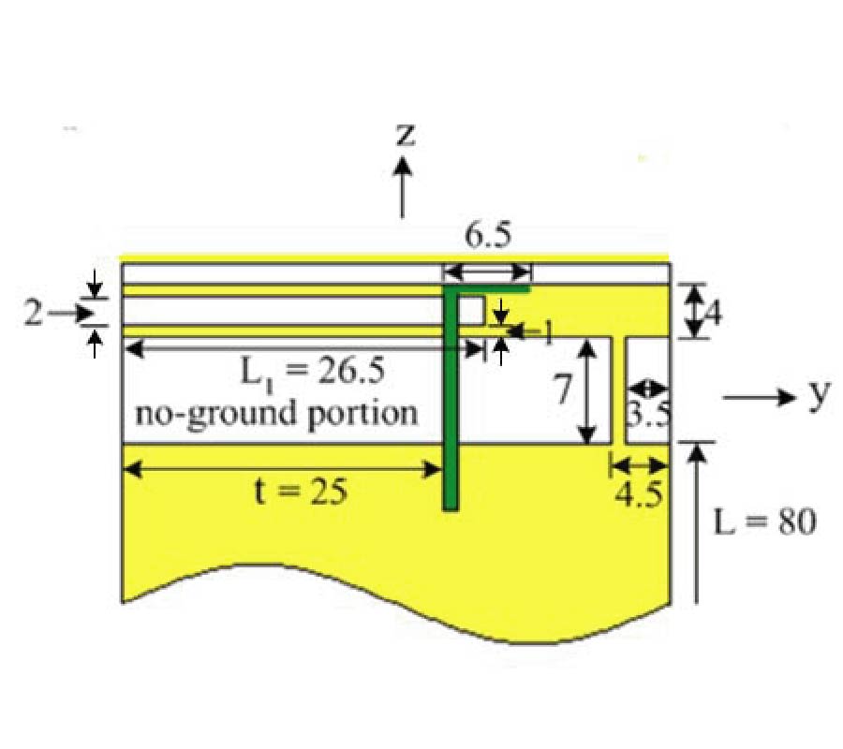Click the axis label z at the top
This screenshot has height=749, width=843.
(406, 135)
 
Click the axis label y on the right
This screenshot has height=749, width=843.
(820, 395)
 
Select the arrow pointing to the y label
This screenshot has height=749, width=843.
(759, 398)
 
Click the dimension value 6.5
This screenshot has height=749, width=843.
(488, 235)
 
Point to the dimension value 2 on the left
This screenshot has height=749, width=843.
(34, 313)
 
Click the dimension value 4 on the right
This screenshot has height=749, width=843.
(713, 312)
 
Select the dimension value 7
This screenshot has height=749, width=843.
(562, 389)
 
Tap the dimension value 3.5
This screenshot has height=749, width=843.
(649, 414)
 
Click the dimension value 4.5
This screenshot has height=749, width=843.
(639, 495)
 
